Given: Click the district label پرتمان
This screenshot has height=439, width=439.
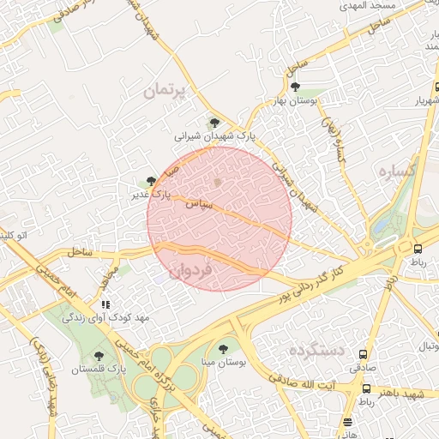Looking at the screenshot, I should click(165, 90).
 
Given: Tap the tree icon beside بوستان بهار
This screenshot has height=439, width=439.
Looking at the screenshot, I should click(296, 87).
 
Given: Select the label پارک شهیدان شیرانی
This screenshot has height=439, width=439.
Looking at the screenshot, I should click(216, 136).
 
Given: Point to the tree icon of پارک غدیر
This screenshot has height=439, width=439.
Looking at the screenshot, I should click(151, 181).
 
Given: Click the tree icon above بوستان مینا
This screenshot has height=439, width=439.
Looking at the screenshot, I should click(224, 349).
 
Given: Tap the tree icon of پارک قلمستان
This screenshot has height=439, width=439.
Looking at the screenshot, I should click(99, 354).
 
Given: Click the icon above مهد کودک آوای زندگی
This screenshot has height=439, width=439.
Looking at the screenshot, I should click(105, 304).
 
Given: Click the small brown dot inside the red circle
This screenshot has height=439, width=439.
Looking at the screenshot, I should click(218, 182).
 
